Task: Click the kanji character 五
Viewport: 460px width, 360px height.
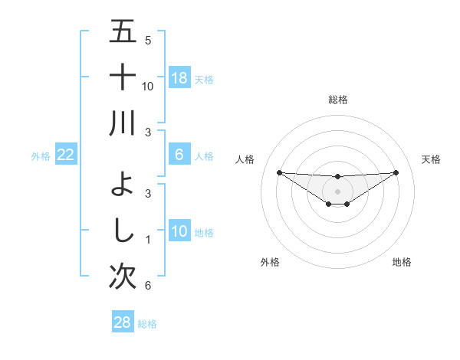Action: coord(123,32)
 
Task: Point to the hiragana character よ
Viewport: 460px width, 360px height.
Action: coord(123,184)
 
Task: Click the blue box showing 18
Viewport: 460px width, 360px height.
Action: coord(179,78)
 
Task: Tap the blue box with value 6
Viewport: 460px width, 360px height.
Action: coord(179,155)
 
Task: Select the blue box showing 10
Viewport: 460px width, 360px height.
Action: coord(179,231)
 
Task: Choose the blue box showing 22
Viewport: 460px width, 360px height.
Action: coord(65,155)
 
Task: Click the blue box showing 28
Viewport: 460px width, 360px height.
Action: coord(123,322)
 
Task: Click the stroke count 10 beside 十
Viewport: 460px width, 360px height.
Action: coord(148,86)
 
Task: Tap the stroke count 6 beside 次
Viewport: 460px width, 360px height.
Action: coord(148,286)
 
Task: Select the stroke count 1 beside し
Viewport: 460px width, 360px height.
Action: coord(148,240)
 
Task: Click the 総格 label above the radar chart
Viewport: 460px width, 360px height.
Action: coord(337,100)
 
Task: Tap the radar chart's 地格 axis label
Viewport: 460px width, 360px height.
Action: coord(402,262)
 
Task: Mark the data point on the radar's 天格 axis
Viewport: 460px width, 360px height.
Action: coord(396,172)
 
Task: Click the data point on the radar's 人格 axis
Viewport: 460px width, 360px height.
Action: coord(279,172)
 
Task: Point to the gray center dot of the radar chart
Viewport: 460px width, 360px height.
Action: coord(337,191)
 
